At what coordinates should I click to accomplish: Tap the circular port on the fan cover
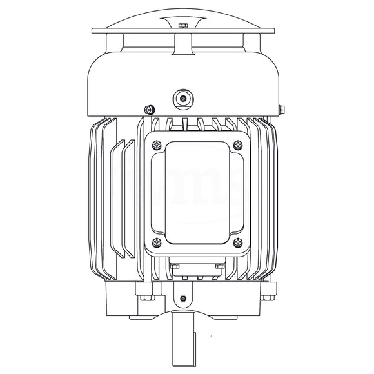tap(183, 99)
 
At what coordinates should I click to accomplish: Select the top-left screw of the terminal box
tap(155, 145)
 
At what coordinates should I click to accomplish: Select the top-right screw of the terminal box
tap(239, 145)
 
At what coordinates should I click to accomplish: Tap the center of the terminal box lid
tap(197, 193)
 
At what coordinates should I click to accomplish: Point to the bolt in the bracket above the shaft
tap(183, 298)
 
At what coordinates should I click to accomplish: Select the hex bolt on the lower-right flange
tap(266, 297)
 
